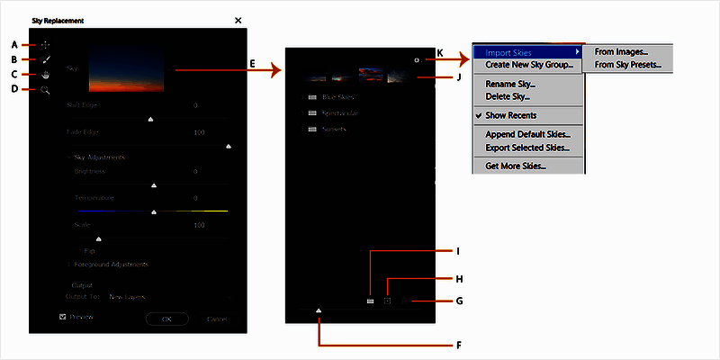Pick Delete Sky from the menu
[507, 95]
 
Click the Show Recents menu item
[510, 115]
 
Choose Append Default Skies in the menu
[526, 134]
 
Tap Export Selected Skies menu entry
[527, 147]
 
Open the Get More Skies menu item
[515, 166]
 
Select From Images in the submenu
[621, 52]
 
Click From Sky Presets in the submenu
[627, 65]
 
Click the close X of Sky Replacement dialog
[238, 20]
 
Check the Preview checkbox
[62, 317]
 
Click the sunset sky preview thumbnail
[126, 70]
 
